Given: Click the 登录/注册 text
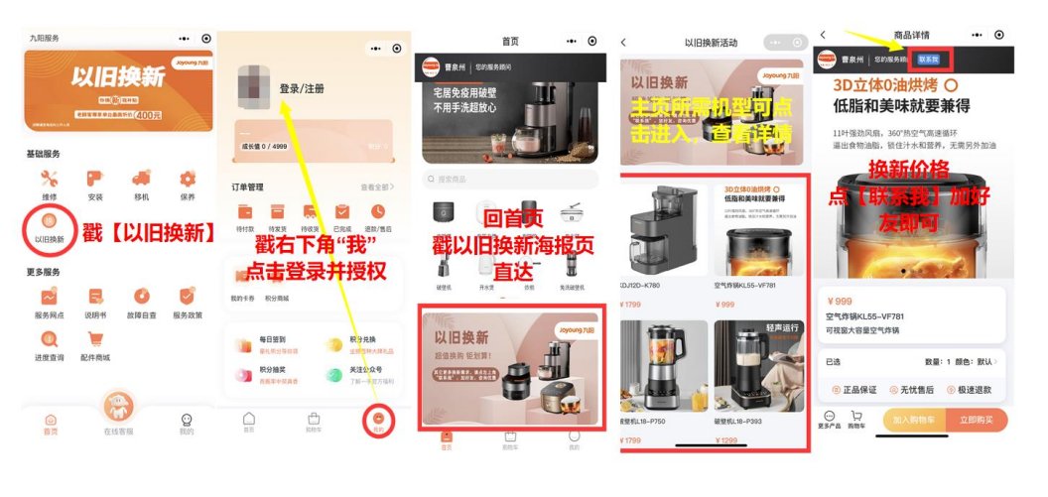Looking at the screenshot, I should pyautogui.click(x=302, y=88).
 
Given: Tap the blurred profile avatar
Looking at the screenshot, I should pyautogui.click(x=254, y=89).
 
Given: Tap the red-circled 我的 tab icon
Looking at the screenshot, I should pyautogui.click(x=379, y=420).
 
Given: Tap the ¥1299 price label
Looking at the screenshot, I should pyautogui.click(x=728, y=440).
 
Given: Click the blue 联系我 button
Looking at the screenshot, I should pyautogui.click(x=927, y=60).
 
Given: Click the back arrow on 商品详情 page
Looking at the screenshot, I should pyautogui.click(x=823, y=36).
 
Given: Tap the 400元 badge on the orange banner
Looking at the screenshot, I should pyautogui.click(x=149, y=115).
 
